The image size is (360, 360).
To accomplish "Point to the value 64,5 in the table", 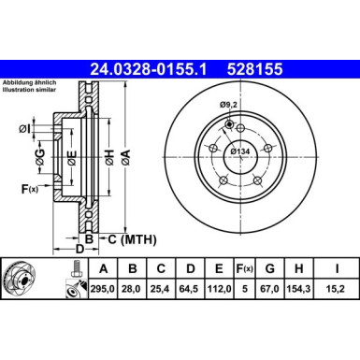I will click(191, 290).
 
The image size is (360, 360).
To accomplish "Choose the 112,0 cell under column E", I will click(223, 290).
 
